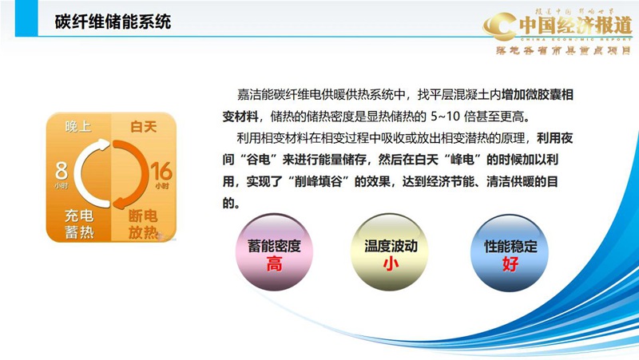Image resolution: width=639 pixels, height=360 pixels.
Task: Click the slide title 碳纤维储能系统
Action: pos(113,22)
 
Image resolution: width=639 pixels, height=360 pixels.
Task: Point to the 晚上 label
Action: pos(78,126)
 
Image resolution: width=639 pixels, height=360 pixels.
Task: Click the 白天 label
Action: pos(143,126)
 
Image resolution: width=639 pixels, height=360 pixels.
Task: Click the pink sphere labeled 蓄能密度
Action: pos(274,254)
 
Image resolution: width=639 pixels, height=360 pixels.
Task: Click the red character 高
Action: pos(274,264)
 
